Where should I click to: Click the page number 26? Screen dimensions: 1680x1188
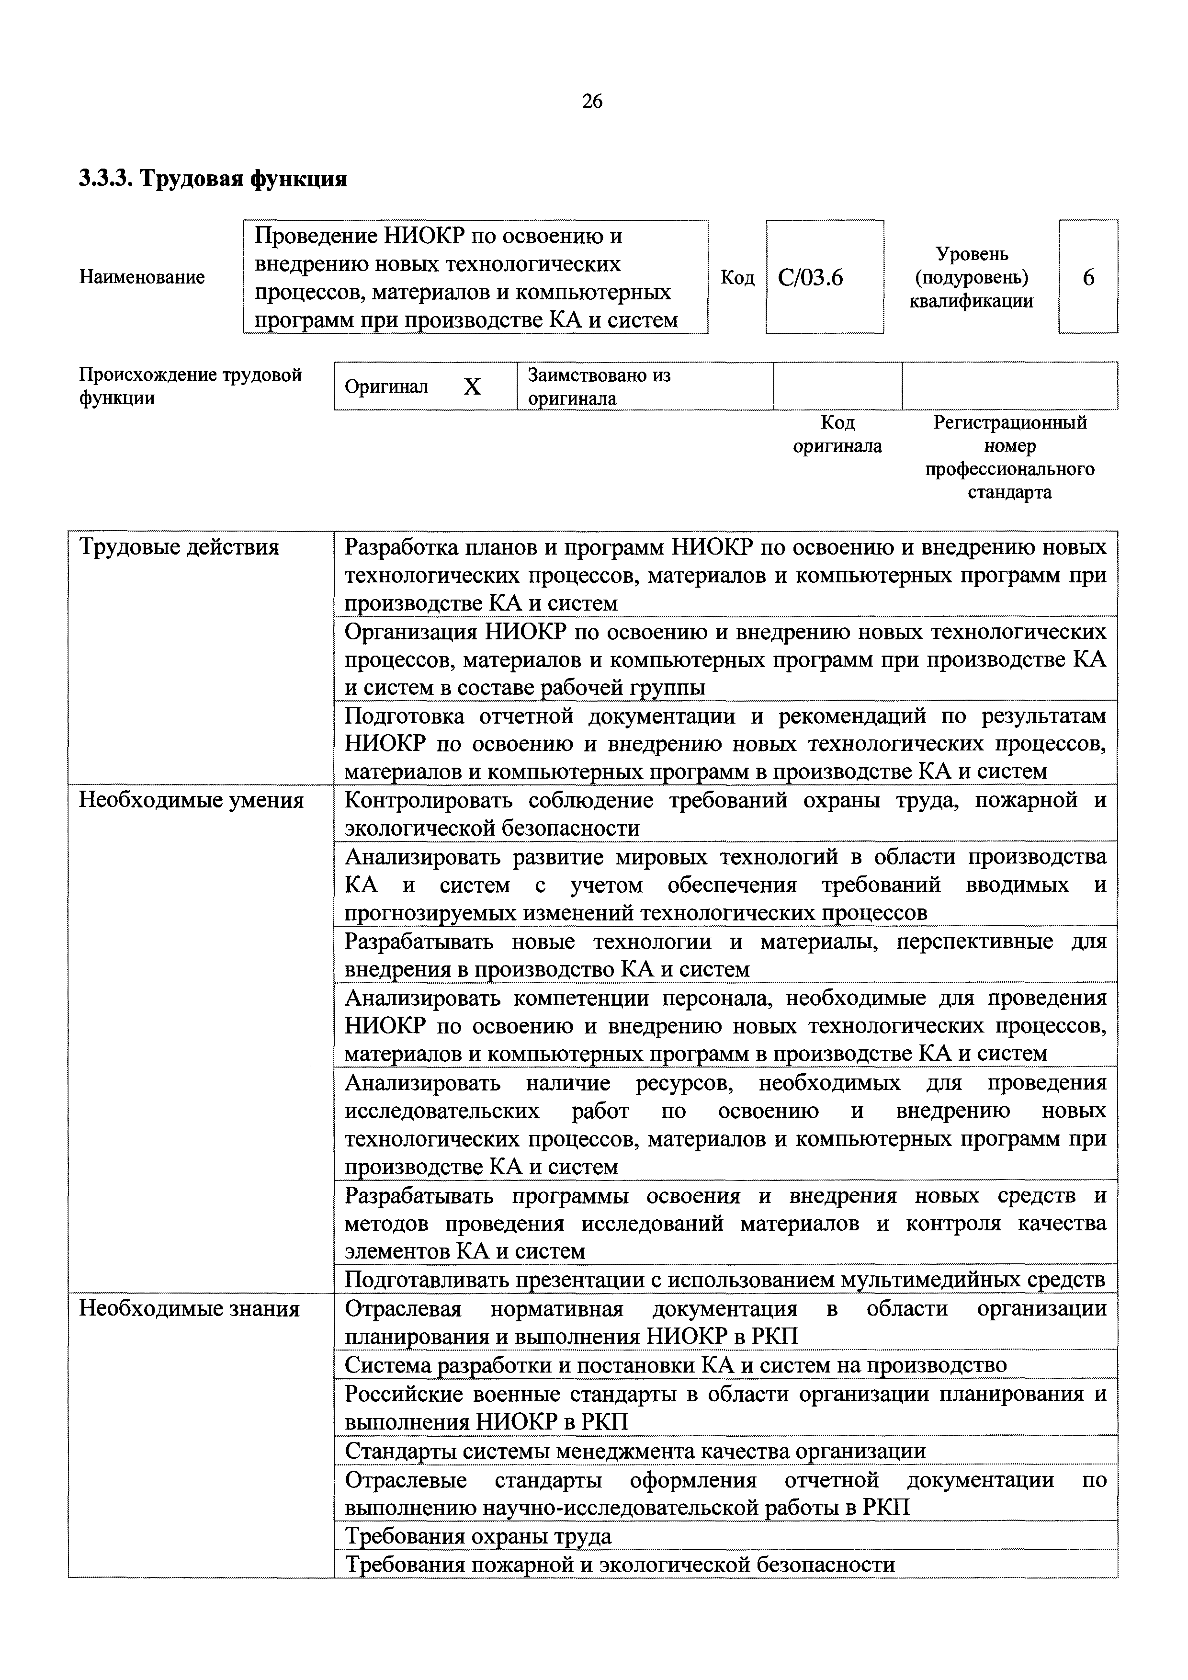pyautogui.click(x=592, y=102)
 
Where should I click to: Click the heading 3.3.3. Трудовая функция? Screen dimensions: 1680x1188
pyautogui.click(x=212, y=178)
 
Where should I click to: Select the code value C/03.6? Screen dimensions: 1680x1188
pyautogui.click(x=811, y=278)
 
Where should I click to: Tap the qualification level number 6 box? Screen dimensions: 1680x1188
pyautogui.click(x=1088, y=278)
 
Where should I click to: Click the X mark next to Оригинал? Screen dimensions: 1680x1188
pyautogui.click(x=472, y=386)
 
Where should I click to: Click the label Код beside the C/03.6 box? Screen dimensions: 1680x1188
pyautogui.click(x=737, y=278)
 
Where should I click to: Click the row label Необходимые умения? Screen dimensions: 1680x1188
pyautogui.click(x=191, y=800)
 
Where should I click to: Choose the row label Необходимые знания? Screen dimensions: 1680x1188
pyautogui.click(x=189, y=1308)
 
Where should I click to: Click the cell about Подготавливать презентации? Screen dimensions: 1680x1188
pyautogui.click(x=724, y=1280)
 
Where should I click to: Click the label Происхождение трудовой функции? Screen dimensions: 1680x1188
pyautogui.click(x=190, y=386)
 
